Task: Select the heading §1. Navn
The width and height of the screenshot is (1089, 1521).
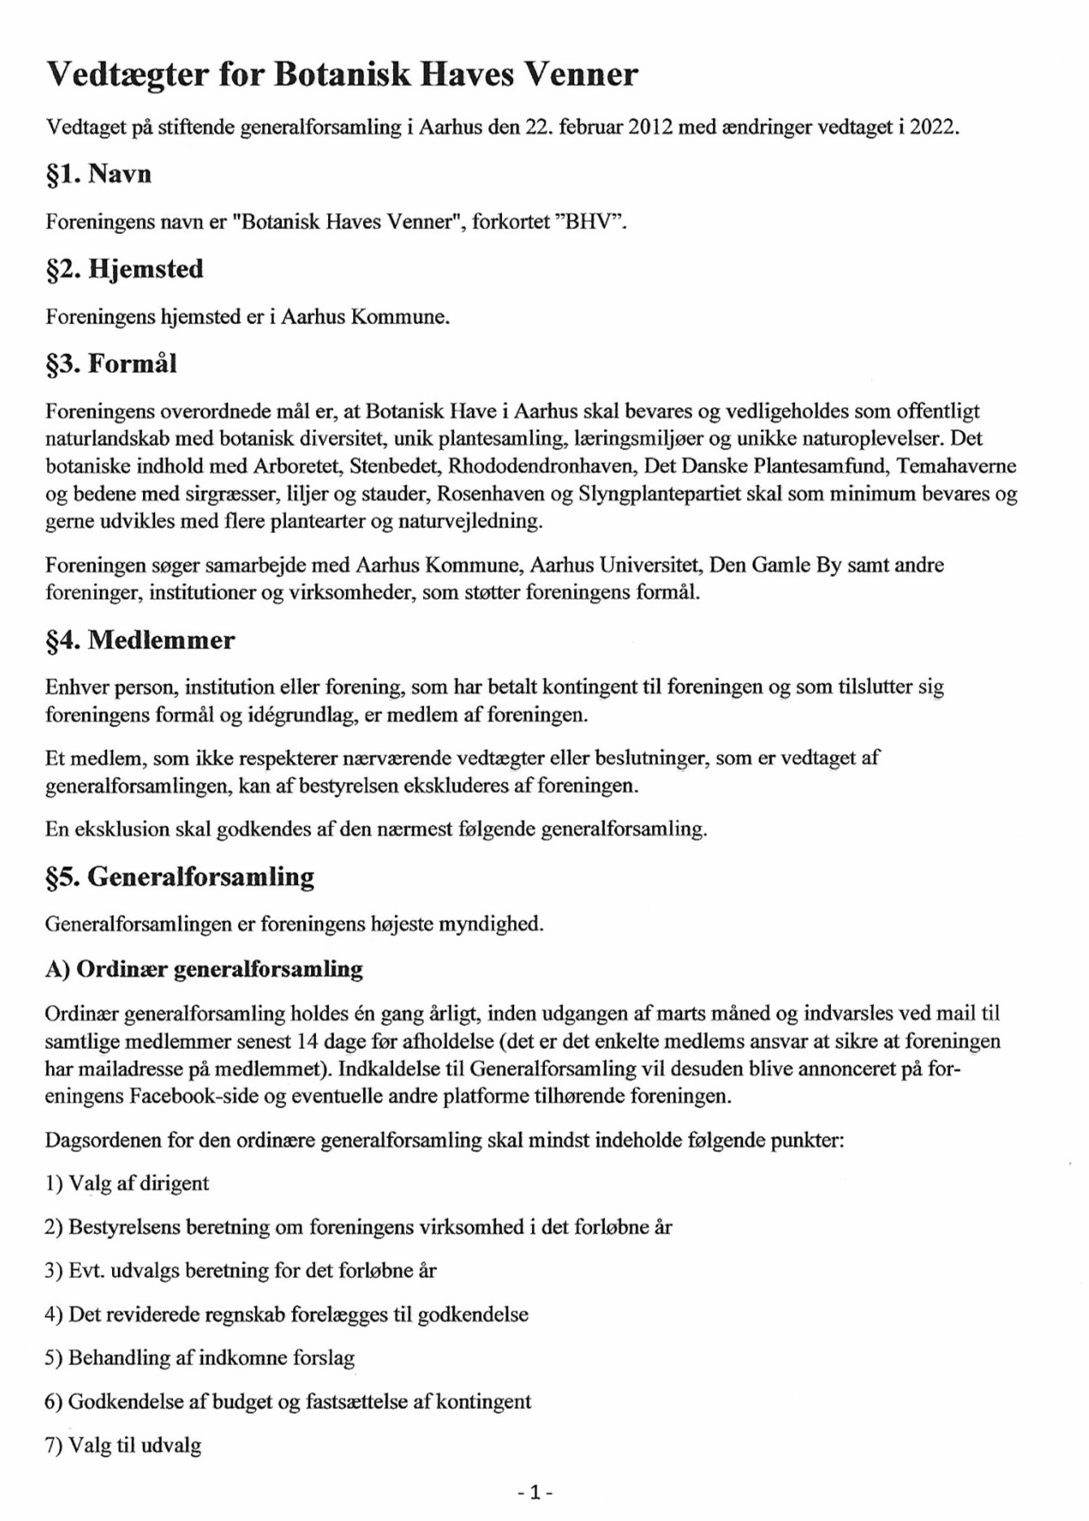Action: click(x=98, y=174)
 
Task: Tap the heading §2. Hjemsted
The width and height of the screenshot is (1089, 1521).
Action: click(x=124, y=269)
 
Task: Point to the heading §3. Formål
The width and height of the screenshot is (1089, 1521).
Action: click(x=111, y=363)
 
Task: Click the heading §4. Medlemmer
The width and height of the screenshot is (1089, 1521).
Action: click(x=140, y=640)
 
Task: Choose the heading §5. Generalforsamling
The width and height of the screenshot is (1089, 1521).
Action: click(x=179, y=877)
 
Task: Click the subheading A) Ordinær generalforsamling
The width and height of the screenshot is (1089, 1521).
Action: click(x=204, y=969)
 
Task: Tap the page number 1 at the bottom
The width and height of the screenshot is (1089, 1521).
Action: click(x=535, y=1492)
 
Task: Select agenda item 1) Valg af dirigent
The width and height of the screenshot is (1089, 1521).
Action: click(x=127, y=1183)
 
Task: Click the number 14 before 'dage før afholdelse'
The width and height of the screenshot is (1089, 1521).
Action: click(x=308, y=1041)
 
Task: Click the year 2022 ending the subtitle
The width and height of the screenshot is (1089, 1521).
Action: click(x=933, y=128)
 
